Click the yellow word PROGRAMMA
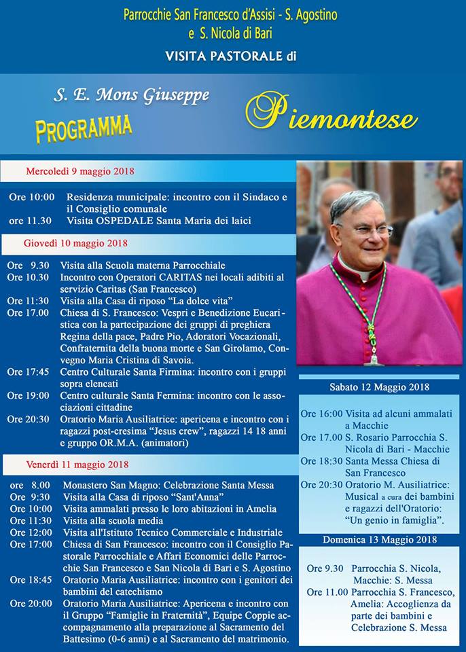pyautogui.click(x=84, y=128)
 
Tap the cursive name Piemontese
pyautogui.click(x=331, y=114)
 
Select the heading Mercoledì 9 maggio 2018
pyautogui.click(x=80, y=171)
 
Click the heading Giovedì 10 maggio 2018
pyautogui.click(x=75, y=243)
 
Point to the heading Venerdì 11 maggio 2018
pyautogui.click(x=78, y=465)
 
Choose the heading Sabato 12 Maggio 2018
pyautogui.click(x=379, y=387)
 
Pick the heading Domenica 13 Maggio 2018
pyautogui.click(x=379, y=540)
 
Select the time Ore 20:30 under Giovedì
pyautogui.click(x=28, y=419)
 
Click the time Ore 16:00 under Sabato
pyautogui.click(x=321, y=413)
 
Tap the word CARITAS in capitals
pyautogui.click(x=187, y=277)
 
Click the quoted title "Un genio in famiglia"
pyautogui.click(x=394, y=520)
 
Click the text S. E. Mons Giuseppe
pyautogui.click(x=131, y=96)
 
